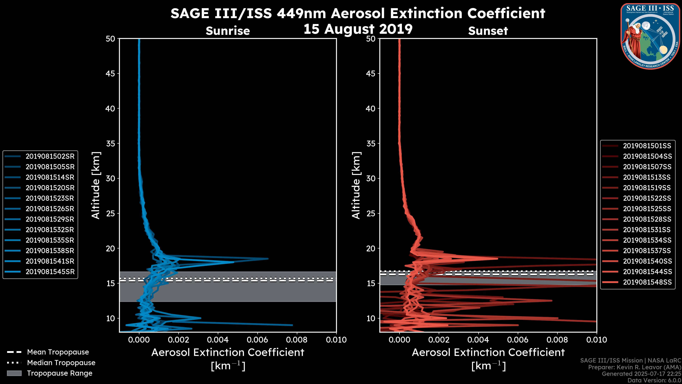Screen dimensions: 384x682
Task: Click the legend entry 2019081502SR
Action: pyautogui.click(x=50, y=156)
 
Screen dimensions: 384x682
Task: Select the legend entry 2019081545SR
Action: pyautogui.click(x=50, y=272)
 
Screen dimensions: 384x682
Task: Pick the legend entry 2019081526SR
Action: pyautogui.click(x=50, y=209)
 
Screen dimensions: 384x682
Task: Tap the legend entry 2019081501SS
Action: pyautogui.click(x=647, y=146)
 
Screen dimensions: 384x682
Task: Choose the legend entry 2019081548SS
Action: pyautogui.click(x=647, y=282)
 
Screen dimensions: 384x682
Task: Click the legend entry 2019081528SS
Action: pyautogui.click(x=647, y=219)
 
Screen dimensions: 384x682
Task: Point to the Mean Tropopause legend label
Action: pyautogui.click(x=58, y=352)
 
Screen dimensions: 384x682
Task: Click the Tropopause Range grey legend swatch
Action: pyautogui.click(x=14, y=373)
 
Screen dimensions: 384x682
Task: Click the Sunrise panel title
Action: pyautogui.click(x=228, y=31)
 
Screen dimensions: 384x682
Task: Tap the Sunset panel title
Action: pyautogui.click(x=488, y=31)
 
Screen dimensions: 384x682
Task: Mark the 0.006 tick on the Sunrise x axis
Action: pyautogui.click(x=257, y=340)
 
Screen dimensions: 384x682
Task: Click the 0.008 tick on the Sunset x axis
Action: pyautogui.click(x=557, y=340)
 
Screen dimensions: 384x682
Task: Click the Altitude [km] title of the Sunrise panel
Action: pyautogui.click(x=96, y=185)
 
